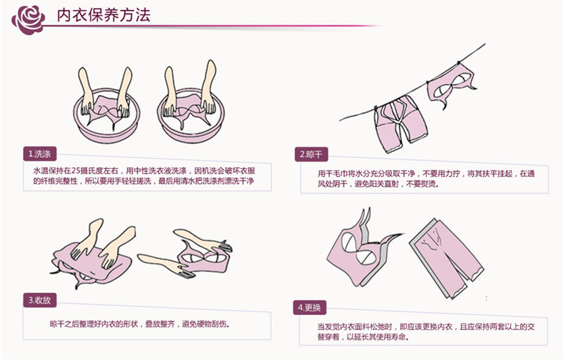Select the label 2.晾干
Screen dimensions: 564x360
pyautogui.click(x=312, y=154)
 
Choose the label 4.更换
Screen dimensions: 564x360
pyautogui.click(x=312, y=308)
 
